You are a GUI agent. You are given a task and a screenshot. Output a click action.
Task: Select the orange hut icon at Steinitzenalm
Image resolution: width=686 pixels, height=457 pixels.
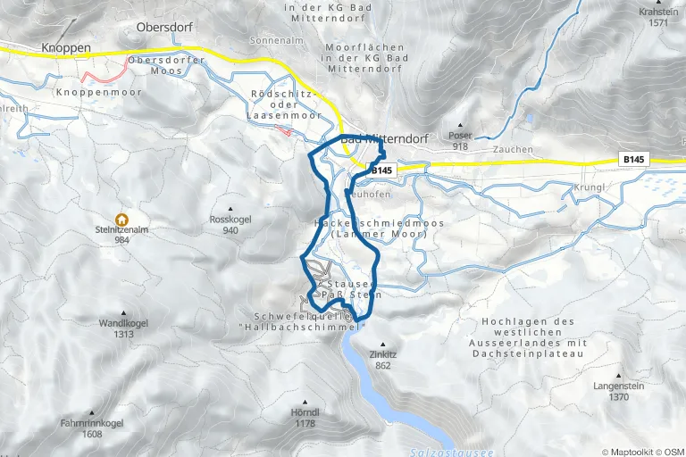pos(121,220)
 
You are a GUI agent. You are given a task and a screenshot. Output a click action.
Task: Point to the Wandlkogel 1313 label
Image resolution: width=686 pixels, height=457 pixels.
pos(122,328)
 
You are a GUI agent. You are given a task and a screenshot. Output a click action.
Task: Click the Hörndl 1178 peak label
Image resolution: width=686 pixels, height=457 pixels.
pos(305,418)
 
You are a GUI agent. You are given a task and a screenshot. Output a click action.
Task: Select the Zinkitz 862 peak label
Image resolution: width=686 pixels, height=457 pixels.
pos(384,359)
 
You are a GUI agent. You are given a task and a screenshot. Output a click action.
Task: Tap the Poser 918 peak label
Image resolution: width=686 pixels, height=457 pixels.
pos(461,140)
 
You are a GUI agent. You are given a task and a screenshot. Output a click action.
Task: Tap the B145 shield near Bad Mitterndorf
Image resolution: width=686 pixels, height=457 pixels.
pos(382,170)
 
